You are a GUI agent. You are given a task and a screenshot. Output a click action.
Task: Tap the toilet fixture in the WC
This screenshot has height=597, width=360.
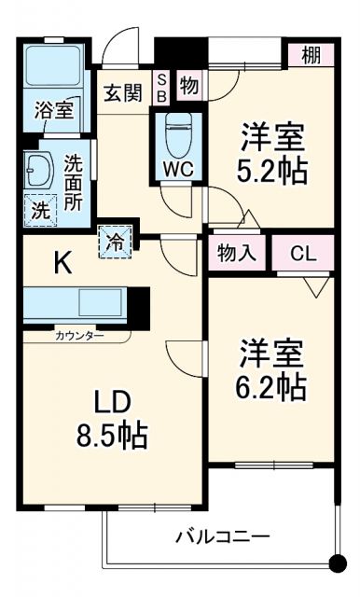click(x=177, y=138)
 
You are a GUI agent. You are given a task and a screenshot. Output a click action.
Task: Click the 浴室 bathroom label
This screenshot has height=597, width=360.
click(x=52, y=110)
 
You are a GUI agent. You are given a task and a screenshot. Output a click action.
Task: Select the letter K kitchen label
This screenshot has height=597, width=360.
click(x=62, y=264)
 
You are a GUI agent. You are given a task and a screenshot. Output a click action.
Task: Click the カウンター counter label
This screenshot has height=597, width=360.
click(x=79, y=334)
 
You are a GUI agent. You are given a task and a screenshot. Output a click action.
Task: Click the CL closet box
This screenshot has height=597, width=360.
click(x=301, y=252)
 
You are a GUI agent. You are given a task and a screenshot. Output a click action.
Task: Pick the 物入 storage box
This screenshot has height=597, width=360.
click(x=238, y=252)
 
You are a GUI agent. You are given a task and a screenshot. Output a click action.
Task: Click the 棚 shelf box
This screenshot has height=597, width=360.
click(x=310, y=55)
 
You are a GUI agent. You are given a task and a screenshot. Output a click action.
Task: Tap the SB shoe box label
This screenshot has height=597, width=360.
click(x=160, y=88)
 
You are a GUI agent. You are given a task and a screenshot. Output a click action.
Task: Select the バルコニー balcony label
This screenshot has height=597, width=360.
click(x=223, y=537)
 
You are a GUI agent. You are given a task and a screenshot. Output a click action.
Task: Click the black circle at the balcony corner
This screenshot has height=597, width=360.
click(x=338, y=562)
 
